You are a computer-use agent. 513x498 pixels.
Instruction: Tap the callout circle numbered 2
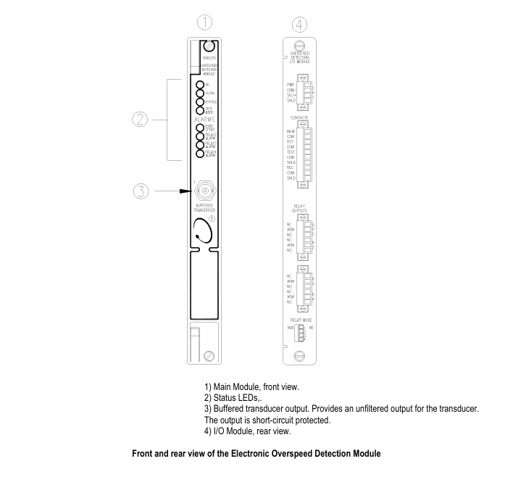[x=141, y=119]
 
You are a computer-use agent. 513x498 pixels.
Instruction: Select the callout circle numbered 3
[x=141, y=191]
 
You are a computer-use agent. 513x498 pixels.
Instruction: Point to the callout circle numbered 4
[x=301, y=25]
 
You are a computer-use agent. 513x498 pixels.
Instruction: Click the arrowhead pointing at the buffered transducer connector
[x=189, y=191]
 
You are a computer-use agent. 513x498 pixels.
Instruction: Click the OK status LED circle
[x=201, y=84]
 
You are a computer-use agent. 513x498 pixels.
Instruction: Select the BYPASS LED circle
[x=201, y=102]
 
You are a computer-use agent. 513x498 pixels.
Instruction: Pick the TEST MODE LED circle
[x=201, y=111]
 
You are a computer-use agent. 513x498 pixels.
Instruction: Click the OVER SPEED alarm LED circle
[x=201, y=127]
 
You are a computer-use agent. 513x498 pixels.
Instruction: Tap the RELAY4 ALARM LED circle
[x=201, y=153]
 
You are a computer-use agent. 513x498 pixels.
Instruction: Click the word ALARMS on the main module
[x=205, y=119]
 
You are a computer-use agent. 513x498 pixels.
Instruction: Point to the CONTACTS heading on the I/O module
[x=299, y=117]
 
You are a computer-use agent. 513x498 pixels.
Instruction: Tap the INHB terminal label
[x=291, y=131]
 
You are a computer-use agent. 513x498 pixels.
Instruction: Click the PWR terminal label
[x=291, y=85]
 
